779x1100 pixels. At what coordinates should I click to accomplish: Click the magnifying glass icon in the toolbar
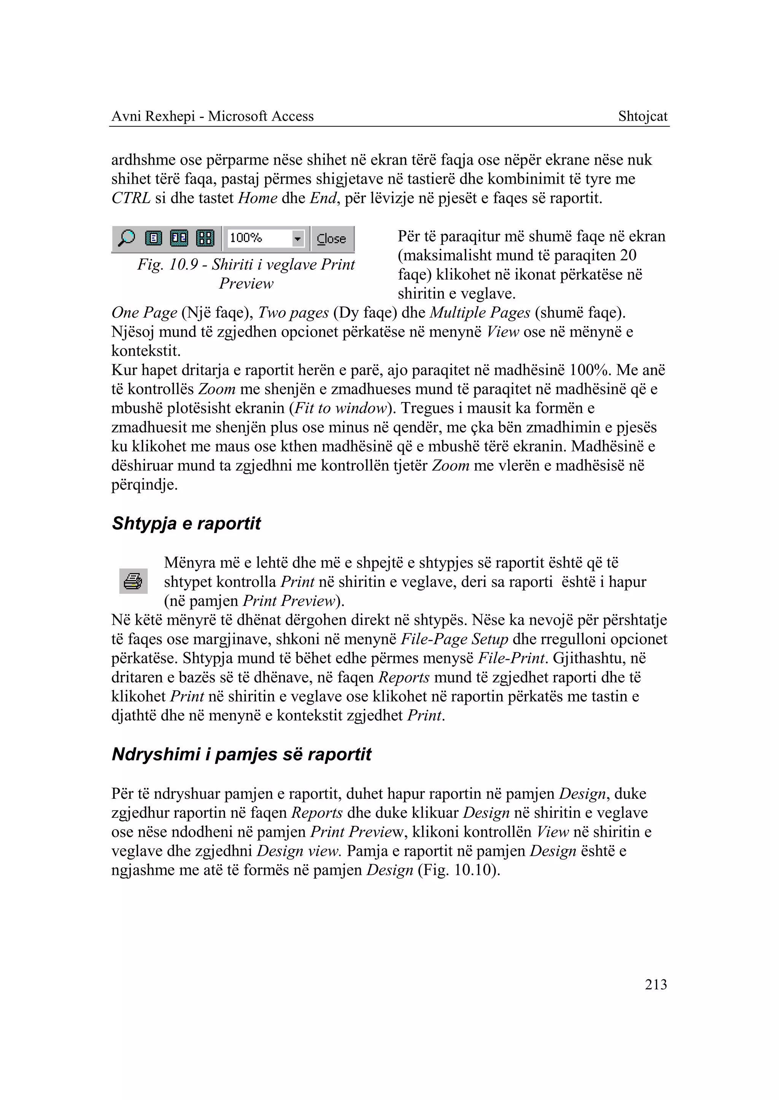(x=127, y=238)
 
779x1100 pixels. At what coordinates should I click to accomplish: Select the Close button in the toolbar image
(x=331, y=239)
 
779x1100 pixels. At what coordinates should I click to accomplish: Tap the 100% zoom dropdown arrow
(x=298, y=238)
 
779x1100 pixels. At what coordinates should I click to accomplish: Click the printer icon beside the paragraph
(x=133, y=581)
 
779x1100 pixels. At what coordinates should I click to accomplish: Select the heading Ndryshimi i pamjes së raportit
(x=241, y=754)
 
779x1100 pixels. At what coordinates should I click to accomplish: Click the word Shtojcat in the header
(x=642, y=116)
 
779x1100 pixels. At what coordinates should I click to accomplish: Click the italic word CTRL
(x=131, y=198)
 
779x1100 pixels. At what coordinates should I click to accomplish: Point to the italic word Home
(x=258, y=198)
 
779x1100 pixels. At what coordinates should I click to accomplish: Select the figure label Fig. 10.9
(x=167, y=264)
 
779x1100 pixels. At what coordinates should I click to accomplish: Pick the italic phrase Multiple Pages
(x=479, y=313)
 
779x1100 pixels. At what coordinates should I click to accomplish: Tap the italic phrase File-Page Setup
(x=454, y=639)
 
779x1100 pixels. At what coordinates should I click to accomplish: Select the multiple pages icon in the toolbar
(x=205, y=238)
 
